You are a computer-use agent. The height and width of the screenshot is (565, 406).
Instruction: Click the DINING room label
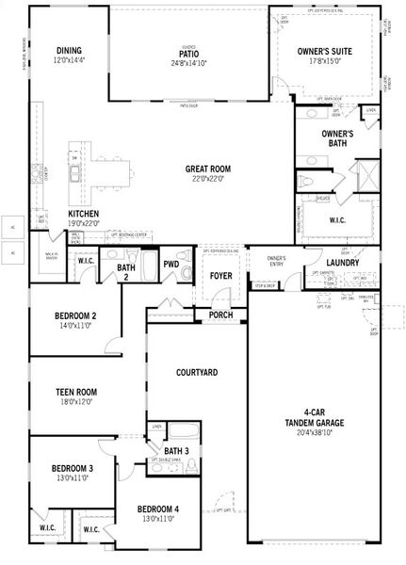pyautogui.click(x=69, y=51)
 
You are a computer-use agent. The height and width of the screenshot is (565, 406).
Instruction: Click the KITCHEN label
pyautogui.click(x=84, y=214)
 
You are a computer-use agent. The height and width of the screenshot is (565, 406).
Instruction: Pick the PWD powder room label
pyautogui.click(x=171, y=265)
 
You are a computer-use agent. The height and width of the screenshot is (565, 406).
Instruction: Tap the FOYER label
pyautogui.click(x=220, y=276)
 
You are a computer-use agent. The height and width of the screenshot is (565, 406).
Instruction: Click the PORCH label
pyautogui.click(x=220, y=315)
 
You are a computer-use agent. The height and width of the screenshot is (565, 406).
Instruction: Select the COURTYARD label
pyautogui.click(x=197, y=373)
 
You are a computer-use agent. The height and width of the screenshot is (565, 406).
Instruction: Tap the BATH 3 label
pyautogui.click(x=176, y=452)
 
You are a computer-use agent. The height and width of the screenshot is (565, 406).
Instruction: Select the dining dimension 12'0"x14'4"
pyautogui.click(x=69, y=61)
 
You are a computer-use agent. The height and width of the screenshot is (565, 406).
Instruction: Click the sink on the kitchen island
pyautogui.click(x=75, y=174)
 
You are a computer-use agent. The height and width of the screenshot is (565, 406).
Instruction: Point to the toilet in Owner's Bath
pyautogui.click(x=304, y=181)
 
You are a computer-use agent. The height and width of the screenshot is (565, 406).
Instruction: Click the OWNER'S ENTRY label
pyautogui.click(x=276, y=262)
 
